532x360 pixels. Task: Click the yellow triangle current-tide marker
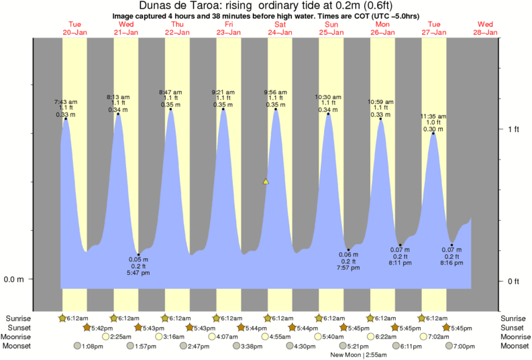coord(266,181)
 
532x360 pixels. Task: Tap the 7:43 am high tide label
coord(66,102)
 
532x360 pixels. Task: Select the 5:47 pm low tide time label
coord(138,273)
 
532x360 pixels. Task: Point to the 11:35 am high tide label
coord(434,117)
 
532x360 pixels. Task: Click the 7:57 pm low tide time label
coord(349,267)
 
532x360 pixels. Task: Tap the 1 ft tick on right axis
coord(513,129)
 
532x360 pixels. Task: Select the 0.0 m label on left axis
coord(14,280)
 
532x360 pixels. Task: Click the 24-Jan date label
coord(279,32)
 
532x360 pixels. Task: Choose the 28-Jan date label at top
coord(486,32)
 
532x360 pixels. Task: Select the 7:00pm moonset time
coord(464,346)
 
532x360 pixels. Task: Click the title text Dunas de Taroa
coord(177,6)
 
